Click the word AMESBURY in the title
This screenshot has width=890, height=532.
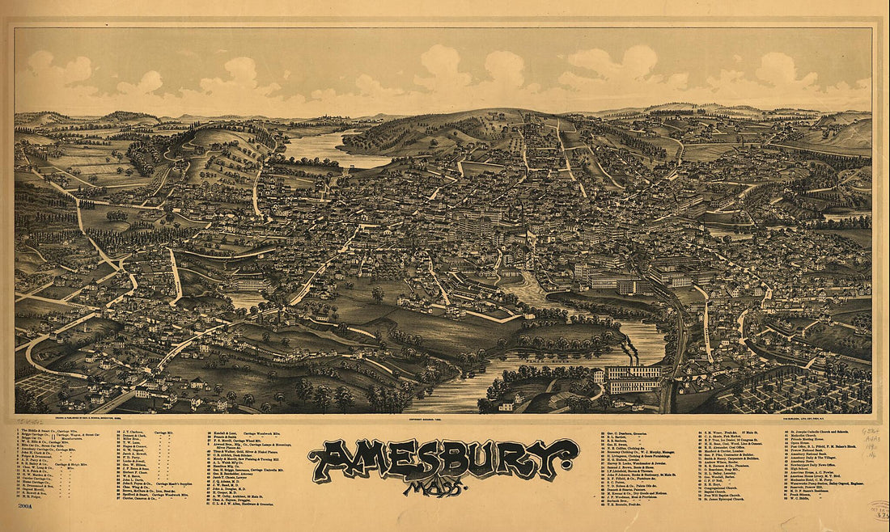point(443,460)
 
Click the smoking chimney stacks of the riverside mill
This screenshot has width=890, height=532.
point(630,352)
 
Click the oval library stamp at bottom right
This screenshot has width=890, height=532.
point(878,509)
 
